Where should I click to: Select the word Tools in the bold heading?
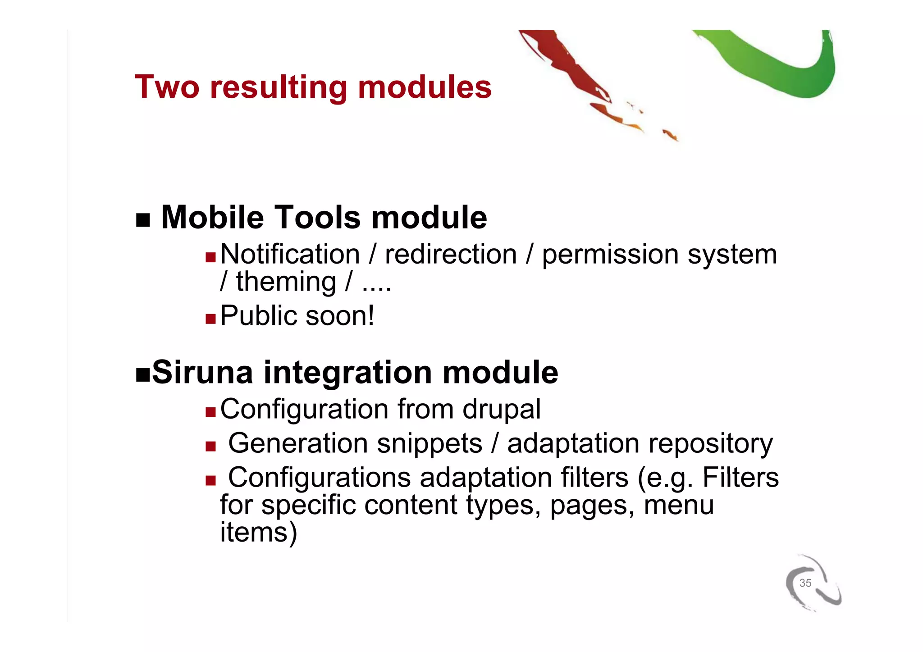tap(318, 218)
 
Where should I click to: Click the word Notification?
tap(290, 255)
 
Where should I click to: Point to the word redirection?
tap(450, 255)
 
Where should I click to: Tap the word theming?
tap(286, 283)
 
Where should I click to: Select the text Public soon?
tap(297, 315)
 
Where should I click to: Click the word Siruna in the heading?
tap(202, 372)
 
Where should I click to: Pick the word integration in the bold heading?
tap(347, 372)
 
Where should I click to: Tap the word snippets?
tap(429, 443)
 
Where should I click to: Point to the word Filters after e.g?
tap(740, 478)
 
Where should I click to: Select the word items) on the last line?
tap(258, 532)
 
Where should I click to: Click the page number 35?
tap(805, 583)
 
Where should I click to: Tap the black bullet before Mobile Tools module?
tap(142, 220)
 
